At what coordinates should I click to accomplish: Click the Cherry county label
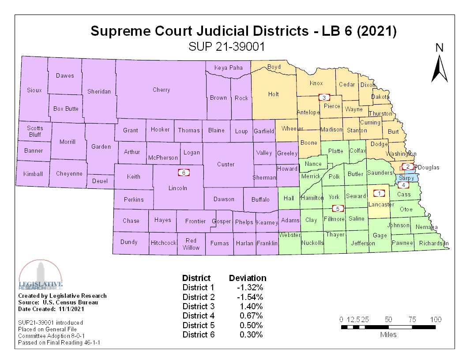(x=161, y=90)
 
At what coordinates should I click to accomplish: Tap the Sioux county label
(x=34, y=90)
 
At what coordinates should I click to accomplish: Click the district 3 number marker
(x=324, y=97)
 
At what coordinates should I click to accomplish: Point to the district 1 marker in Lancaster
(x=379, y=193)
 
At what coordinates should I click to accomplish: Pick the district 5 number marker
(x=338, y=208)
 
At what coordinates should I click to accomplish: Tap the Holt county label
(x=274, y=94)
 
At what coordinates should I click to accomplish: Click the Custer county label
(x=225, y=165)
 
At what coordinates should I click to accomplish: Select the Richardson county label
(x=433, y=244)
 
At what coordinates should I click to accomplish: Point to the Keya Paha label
(x=228, y=68)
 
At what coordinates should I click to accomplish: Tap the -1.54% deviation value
(x=250, y=297)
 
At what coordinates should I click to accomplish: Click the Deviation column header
(x=248, y=278)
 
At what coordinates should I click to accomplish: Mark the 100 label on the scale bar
(x=436, y=319)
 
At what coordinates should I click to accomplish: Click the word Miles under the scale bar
(x=388, y=334)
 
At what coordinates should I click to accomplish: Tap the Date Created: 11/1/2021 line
(x=51, y=309)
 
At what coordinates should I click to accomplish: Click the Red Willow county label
(x=191, y=244)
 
